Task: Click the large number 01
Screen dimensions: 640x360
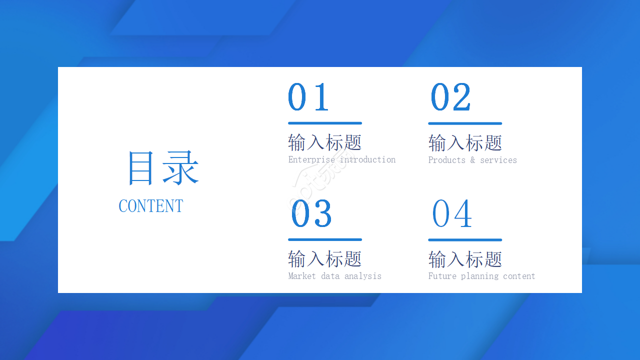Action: pos(308,96)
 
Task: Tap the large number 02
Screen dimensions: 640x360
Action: pos(450,96)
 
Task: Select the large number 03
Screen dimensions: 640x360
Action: pos(311,213)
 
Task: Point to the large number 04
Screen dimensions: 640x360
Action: pos(451,213)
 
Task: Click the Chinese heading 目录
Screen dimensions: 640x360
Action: pos(163,168)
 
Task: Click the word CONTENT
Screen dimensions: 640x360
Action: pos(151,206)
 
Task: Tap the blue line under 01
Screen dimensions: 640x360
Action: pos(325,123)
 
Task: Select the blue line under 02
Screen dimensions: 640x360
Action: pos(465,123)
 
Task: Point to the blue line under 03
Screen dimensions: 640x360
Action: pos(325,239)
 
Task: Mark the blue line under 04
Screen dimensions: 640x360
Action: pos(465,240)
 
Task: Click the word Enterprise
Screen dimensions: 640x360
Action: pos(311,159)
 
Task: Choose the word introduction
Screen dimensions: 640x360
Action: pos(367,159)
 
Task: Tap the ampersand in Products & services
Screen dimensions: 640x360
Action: pos(473,159)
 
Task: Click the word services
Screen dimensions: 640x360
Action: pos(498,160)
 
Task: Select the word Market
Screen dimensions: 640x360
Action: pos(302,276)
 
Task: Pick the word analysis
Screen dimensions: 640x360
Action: pos(363,276)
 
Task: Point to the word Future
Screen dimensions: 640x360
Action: pos(442,276)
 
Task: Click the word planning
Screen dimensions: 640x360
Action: pos(479,276)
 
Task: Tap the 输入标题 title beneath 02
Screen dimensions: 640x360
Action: pos(465,143)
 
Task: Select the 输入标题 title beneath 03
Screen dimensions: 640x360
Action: pos(325,259)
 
